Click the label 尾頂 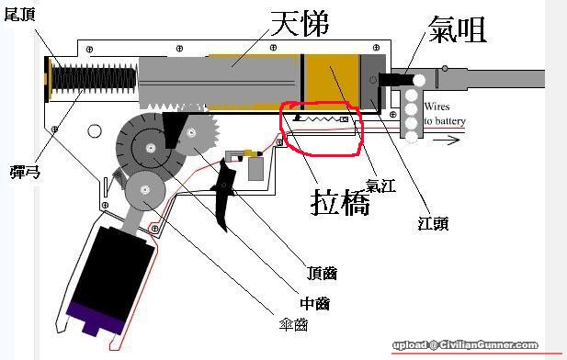(19, 15)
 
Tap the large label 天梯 (300, 24)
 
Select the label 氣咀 (457, 29)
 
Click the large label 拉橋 (340, 202)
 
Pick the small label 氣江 (380, 186)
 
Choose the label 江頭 (433, 223)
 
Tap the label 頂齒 (322, 273)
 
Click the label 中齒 (314, 303)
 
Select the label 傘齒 (294, 325)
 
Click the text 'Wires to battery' (445, 114)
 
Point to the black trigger (224, 195)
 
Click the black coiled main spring (95, 79)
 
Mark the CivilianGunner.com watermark (465, 345)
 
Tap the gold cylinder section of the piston (333, 81)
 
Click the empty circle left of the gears (95, 130)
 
